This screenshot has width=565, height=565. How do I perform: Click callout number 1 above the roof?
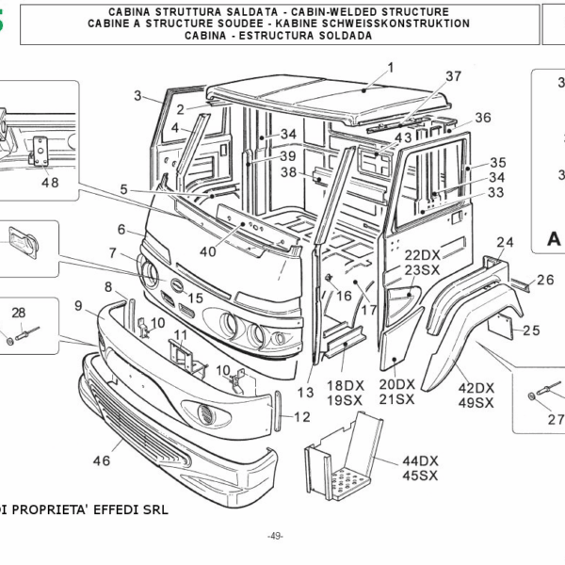[x=391, y=68]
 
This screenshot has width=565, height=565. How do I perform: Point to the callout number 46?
[x=101, y=460]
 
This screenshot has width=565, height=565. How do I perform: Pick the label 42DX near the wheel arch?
[x=476, y=388]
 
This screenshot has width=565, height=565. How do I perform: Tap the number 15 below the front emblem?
[x=195, y=298]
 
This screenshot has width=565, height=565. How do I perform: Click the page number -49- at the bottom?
[x=275, y=536]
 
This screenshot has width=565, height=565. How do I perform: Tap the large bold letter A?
[x=554, y=240]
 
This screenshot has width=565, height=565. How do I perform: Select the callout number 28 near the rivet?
[x=19, y=314]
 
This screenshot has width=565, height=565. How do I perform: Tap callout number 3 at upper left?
[x=137, y=95]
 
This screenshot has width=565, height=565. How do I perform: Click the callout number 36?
[x=482, y=118]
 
